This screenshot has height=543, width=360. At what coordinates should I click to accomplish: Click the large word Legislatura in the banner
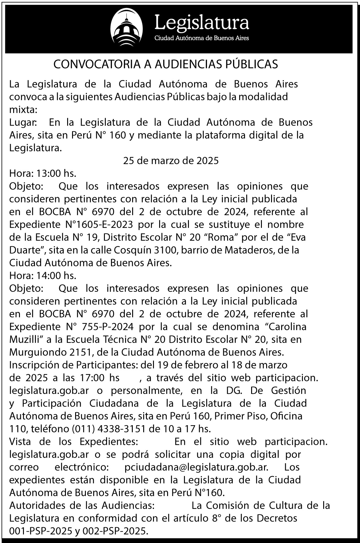pos(201,22)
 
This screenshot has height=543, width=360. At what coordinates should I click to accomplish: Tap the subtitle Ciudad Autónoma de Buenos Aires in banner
pos(201,38)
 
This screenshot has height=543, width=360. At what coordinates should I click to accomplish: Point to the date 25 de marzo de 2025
pos(171,161)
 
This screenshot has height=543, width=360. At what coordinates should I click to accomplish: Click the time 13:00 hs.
pos(56,174)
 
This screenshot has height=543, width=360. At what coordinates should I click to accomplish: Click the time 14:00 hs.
pos(56,276)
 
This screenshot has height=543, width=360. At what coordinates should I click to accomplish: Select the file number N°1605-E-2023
pos(99,225)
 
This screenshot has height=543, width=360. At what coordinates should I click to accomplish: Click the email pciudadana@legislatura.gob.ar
pos(196,467)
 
